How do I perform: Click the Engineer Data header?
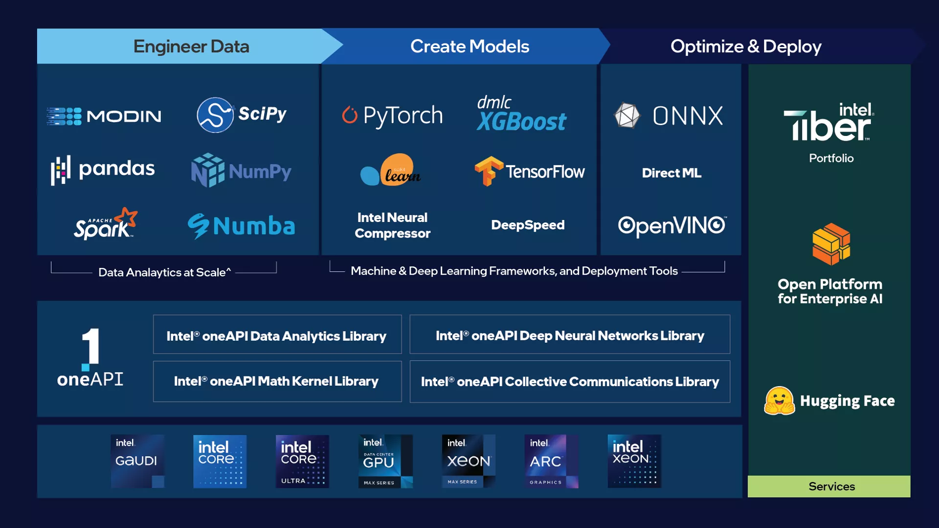pos(191,46)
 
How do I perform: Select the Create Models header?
pos(469,46)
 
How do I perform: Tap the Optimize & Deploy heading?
pos(745,46)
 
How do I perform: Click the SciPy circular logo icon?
pos(215,115)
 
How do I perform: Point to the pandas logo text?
pos(116,169)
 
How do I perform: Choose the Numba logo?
pos(242,226)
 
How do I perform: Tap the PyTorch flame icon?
pos(350,115)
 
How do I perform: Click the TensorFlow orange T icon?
pos(488,171)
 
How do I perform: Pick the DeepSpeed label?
pos(528,225)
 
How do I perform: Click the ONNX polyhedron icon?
pos(626,115)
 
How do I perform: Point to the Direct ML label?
pos(671,173)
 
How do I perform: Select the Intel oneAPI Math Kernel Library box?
pos(277,381)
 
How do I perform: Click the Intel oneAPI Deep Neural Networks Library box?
pos(569,335)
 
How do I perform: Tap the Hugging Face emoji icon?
pos(779,401)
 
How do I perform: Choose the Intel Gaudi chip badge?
pos(137,461)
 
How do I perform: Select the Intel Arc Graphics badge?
pos(551,461)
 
